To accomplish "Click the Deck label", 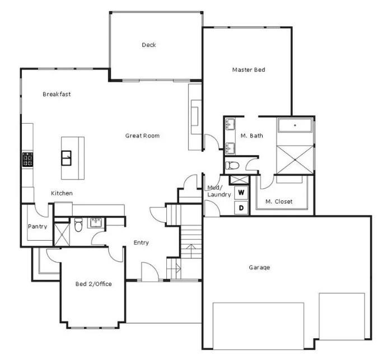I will (x=148, y=45).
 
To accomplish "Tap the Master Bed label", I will (x=248, y=70).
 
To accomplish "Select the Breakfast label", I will (x=57, y=94).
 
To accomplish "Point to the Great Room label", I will (x=142, y=135).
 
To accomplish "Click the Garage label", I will (x=259, y=267).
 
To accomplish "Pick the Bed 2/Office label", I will (x=94, y=284).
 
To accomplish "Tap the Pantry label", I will (x=38, y=227).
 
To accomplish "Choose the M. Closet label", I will (x=279, y=202).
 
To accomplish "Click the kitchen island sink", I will (x=67, y=157).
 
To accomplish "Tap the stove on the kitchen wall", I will (x=26, y=160).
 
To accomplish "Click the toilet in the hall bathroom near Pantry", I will (x=78, y=226).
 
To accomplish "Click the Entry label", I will (x=141, y=242).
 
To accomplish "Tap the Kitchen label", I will (x=62, y=193).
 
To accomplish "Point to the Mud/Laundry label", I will (x=218, y=191).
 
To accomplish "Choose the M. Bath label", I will (x=252, y=135).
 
